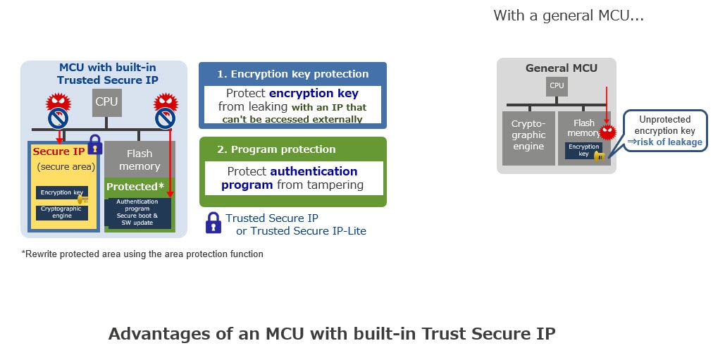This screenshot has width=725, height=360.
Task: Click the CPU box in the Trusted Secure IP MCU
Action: pyautogui.click(x=106, y=102)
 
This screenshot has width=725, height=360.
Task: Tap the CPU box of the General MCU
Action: pyautogui.click(x=557, y=86)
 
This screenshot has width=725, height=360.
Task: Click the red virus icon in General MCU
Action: pyautogui.click(x=607, y=130)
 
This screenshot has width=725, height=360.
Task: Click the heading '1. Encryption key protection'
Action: pyautogui.click(x=292, y=74)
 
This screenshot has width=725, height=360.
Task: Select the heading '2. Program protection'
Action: pyautogui.click(x=276, y=149)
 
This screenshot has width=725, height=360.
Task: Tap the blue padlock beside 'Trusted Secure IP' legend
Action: pyautogui.click(x=213, y=223)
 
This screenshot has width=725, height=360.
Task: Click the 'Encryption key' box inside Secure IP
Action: pyautogui.click(x=61, y=192)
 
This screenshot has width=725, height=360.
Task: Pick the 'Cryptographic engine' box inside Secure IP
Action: pyautogui.click(x=61, y=212)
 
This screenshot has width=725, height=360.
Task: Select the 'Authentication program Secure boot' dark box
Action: pyautogui.click(x=138, y=213)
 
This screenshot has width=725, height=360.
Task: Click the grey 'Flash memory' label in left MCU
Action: pyautogui.click(x=140, y=160)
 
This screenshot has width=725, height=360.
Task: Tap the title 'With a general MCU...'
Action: pyautogui.click(x=568, y=15)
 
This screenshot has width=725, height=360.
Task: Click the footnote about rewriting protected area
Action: pyautogui.click(x=142, y=254)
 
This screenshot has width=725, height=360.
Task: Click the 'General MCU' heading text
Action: pyautogui.click(x=561, y=68)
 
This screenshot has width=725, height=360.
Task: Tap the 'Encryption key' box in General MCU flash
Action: pyautogui.click(x=583, y=150)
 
